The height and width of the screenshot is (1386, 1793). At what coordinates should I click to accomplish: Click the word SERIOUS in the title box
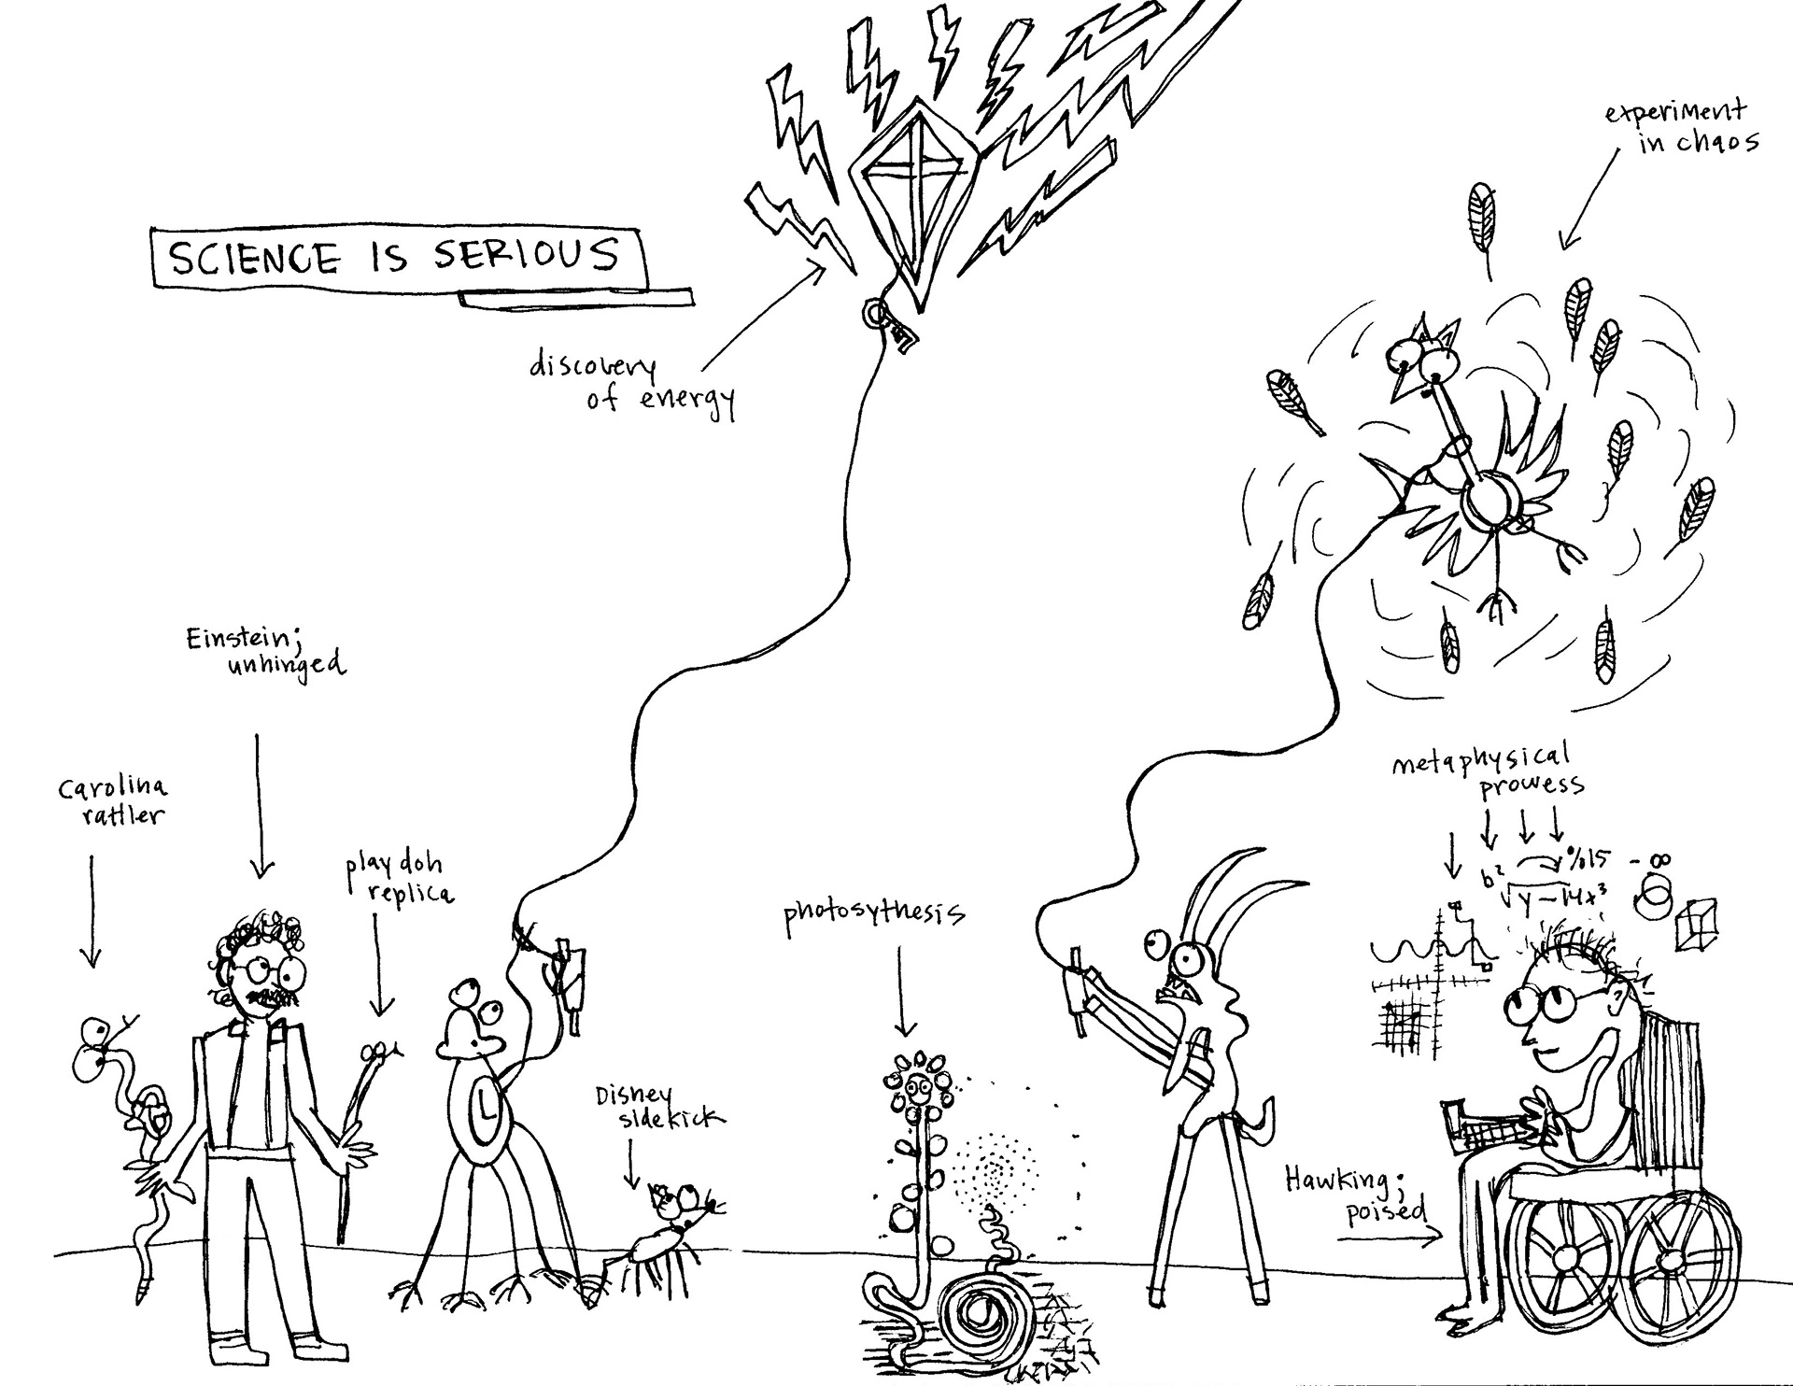[526, 254]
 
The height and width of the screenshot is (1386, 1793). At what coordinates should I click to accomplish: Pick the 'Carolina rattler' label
[112, 800]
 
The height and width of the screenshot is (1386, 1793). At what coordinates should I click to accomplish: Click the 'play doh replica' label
[398, 879]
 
